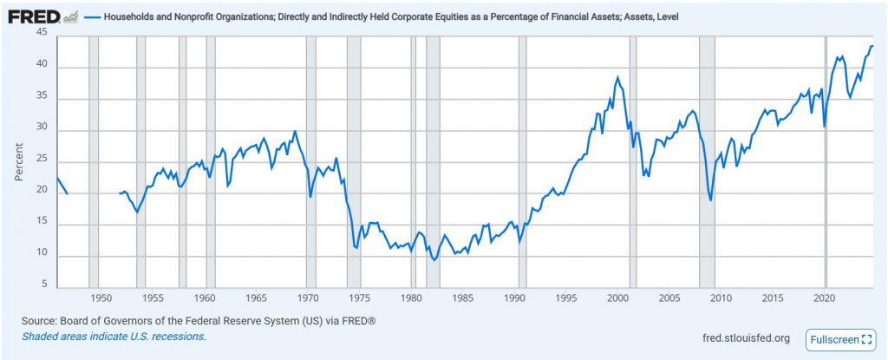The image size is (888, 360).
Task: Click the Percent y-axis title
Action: [18, 161]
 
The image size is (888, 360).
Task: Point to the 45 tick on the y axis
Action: [42, 32]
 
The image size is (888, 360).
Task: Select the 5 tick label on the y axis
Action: [44, 283]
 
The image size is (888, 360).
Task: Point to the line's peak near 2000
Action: [617, 77]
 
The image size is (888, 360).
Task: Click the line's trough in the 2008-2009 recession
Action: [711, 200]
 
